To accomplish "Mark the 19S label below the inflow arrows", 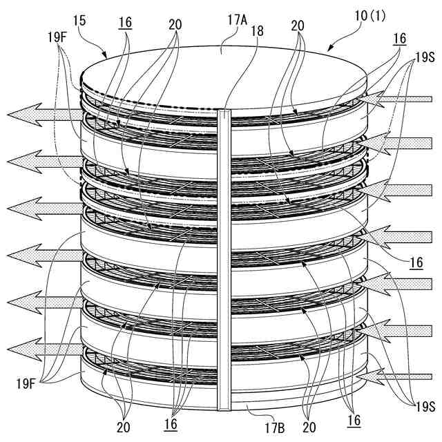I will click(x=419, y=407).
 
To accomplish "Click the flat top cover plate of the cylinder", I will click(x=221, y=76).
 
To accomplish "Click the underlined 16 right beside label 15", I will click(x=126, y=23).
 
